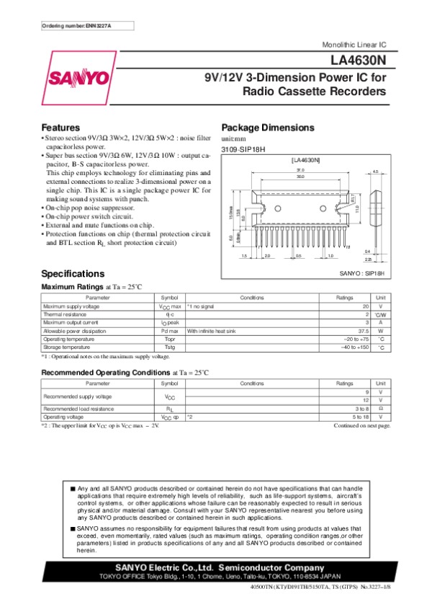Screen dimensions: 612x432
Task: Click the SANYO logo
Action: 79,77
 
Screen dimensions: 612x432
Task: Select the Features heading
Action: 60,127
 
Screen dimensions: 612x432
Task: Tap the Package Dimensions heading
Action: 267,127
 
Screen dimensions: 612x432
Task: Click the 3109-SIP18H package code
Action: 243,148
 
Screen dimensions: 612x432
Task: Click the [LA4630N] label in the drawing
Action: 305,159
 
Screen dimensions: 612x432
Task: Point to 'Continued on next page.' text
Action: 362,425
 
